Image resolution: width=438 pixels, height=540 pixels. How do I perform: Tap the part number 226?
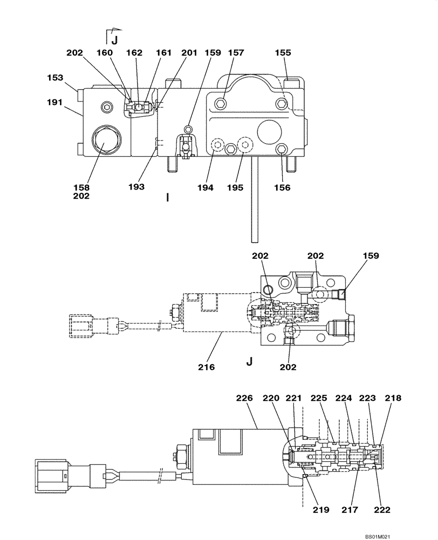[244, 398]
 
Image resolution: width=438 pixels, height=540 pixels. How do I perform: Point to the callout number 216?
[207, 367]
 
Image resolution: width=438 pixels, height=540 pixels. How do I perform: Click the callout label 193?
[136, 187]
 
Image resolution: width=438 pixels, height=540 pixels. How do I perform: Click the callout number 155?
[283, 53]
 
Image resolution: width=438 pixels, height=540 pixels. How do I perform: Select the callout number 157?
[236, 53]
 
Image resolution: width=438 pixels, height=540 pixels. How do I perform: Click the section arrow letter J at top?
[114, 40]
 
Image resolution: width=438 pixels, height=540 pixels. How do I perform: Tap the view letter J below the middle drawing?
[249, 362]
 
